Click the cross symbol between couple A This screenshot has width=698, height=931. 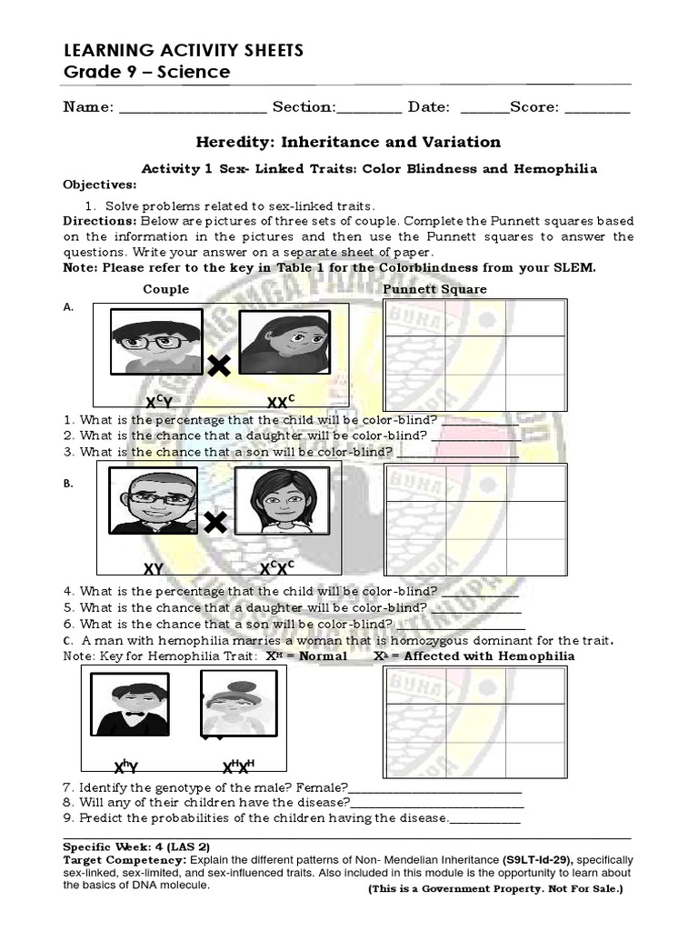point(218,365)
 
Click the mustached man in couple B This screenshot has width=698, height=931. point(155,500)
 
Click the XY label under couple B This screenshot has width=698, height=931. point(154,569)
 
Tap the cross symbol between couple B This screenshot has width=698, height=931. point(215,523)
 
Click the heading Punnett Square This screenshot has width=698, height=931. point(434,289)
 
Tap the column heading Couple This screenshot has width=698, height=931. point(166,289)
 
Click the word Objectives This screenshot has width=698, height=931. point(98,185)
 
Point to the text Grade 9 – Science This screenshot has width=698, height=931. point(145,72)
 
